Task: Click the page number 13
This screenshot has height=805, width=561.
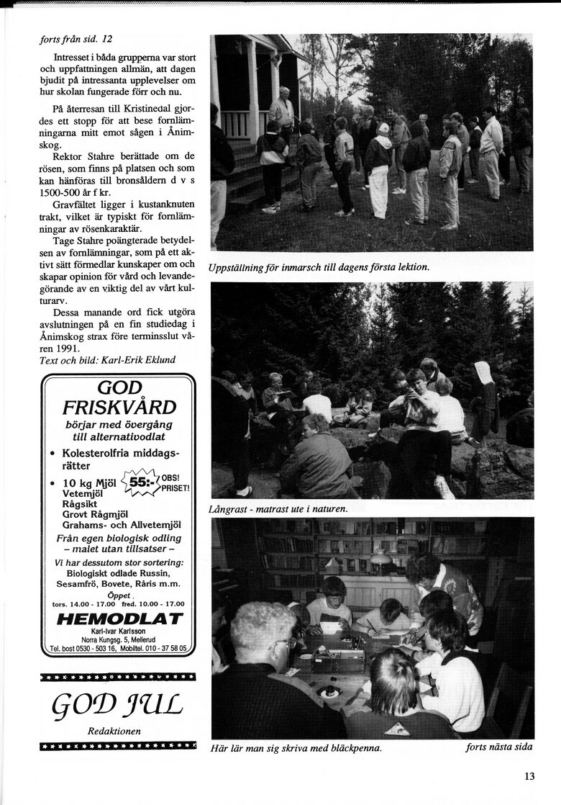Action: tap(529, 775)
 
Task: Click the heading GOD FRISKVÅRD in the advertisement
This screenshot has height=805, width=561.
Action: tap(119, 397)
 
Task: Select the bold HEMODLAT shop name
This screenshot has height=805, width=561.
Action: tap(119, 619)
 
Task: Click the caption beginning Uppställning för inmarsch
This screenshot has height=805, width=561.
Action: tap(319, 267)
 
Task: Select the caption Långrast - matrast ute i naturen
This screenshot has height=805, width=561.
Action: tap(278, 508)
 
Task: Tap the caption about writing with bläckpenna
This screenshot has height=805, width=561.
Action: tap(296, 747)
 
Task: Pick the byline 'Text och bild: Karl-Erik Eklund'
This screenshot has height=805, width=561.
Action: tap(107, 360)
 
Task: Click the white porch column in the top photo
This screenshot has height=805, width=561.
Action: tap(252, 86)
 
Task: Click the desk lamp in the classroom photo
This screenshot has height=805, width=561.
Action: tap(380, 558)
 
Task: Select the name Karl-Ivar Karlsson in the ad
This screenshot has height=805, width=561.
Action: tap(119, 631)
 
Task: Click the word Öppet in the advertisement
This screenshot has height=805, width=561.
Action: tap(119, 595)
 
